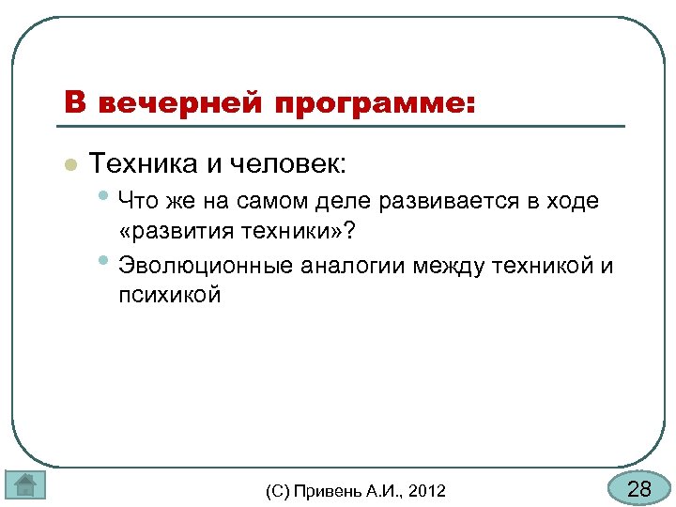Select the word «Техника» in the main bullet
click(143, 165)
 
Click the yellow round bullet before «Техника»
click(69, 166)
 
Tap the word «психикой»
click(170, 296)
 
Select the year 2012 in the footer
click(428, 490)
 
